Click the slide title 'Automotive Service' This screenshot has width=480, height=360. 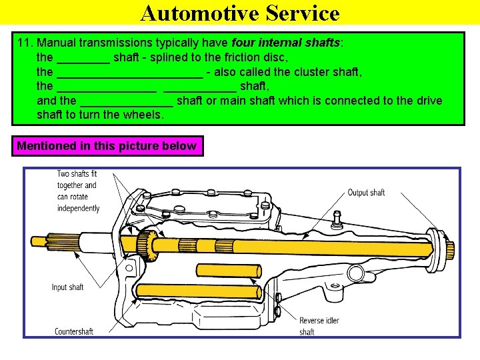[240, 13]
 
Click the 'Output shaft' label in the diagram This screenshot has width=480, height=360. [366, 193]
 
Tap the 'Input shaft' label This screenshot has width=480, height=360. [68, 287]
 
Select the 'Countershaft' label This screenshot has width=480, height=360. [74, 331]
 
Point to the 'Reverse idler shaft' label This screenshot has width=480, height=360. [319, 326]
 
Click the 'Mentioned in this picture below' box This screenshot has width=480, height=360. [107, 146]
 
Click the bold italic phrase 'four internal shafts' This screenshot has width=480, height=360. [286, 43]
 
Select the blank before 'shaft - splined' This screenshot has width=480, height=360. [83, 59]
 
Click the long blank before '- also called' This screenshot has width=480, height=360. [130, 73]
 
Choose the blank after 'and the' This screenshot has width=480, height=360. [127, 101]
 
